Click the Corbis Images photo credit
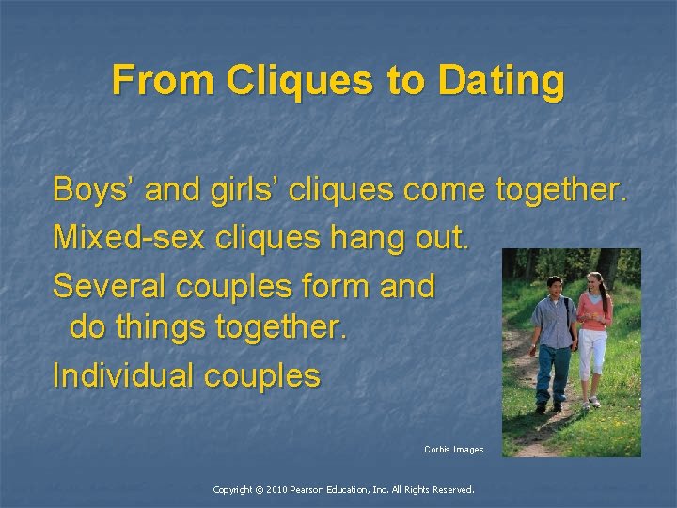(453, 450)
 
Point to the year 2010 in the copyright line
(278, 490)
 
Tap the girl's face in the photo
(593, 282)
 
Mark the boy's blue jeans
(554, 372)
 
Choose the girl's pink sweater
(593, 312)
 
